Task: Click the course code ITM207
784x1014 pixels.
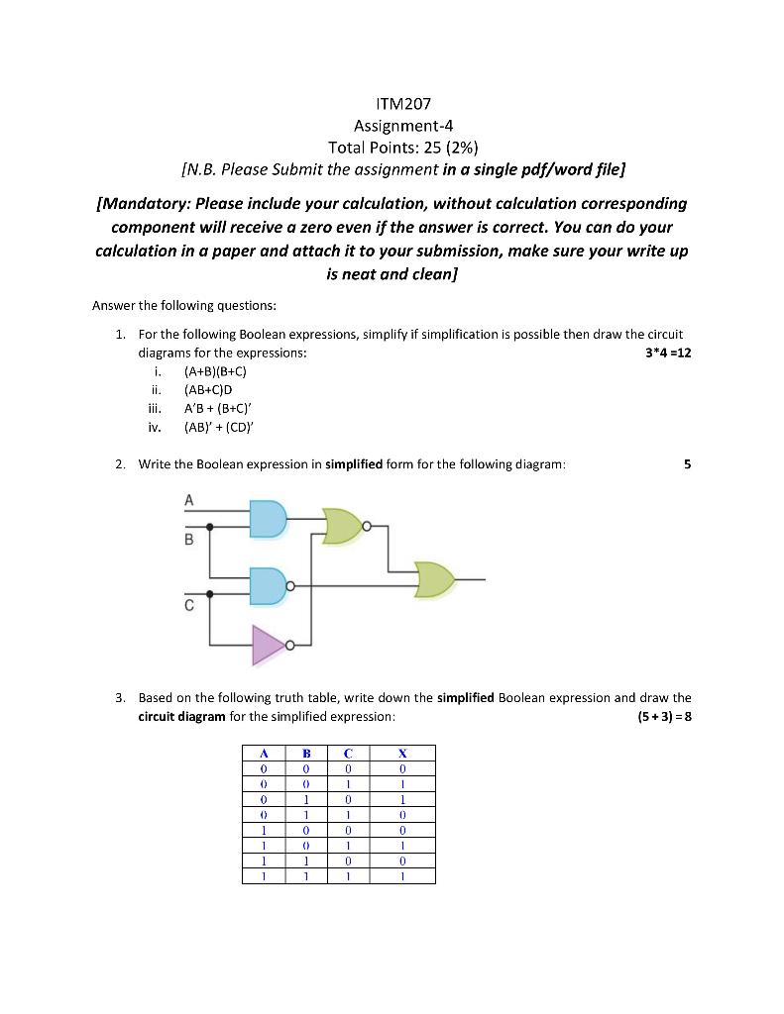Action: pyautogui.click(x=392, y=103)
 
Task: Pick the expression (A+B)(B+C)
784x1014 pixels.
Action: pyautogui.click(x=215, y=371)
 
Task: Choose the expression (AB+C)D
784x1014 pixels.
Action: pyautogui.click(x=208, y=390)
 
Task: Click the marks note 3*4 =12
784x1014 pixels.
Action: pyautogui.click(x=668, y=353)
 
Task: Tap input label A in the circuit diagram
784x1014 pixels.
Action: pyautogui.click(x=189, y=499)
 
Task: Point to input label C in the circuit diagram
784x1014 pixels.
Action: pyautogui.click(x=189, y=608)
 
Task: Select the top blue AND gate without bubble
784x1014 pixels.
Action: pyautogui.click(x=268, y=518)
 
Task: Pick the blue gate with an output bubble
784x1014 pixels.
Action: pyautogui.click(x=268, y=586)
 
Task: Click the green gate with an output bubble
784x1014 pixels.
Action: pyautogui.click(x=343, y=526)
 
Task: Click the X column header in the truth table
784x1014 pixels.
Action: pyautogui.click(x=401, y=753)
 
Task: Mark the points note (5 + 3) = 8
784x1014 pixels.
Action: pyautogui.click(x=664, y=716)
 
